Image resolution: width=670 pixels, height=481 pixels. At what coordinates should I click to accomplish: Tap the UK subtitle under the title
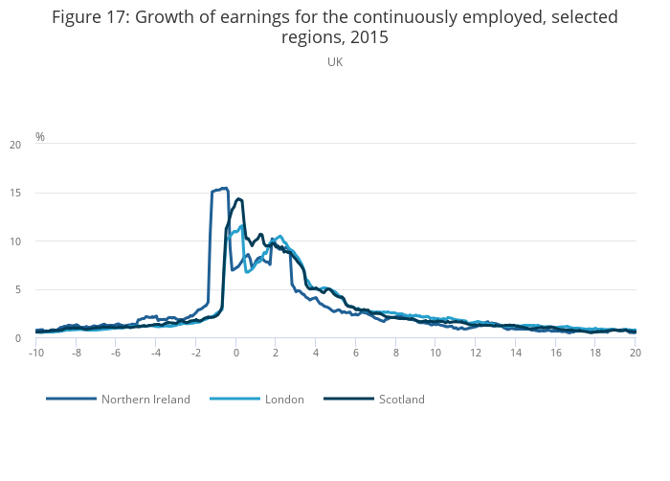click(335, 62)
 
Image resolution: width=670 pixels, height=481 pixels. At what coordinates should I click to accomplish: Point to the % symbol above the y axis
click(40, 137)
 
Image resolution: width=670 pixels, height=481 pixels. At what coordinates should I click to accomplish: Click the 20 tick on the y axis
click(14, 145)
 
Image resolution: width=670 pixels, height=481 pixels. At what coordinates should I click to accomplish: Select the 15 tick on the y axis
click(14, 194)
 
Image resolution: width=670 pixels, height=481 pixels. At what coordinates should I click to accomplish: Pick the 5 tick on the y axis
click(17, 290)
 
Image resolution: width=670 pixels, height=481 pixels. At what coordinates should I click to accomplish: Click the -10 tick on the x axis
click(36, 353)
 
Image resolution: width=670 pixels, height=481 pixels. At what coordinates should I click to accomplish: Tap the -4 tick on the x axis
click(155, 353)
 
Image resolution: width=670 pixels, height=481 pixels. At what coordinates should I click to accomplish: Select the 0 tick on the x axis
click(235, 353)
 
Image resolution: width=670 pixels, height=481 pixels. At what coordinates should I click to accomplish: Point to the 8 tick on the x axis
click(395, 353)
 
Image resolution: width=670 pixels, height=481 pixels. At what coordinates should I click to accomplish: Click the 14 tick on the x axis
click(515, 353)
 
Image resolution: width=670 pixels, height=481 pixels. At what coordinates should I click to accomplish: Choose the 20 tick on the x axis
click(635, 353)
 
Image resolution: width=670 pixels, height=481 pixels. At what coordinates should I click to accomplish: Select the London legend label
click(284, 400)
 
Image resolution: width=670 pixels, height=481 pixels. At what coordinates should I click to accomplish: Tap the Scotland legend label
click(401, 400)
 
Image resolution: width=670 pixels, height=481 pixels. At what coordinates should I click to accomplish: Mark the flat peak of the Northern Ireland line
click(219, 190)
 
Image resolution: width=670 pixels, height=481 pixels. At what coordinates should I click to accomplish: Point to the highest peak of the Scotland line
click(238, 199)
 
